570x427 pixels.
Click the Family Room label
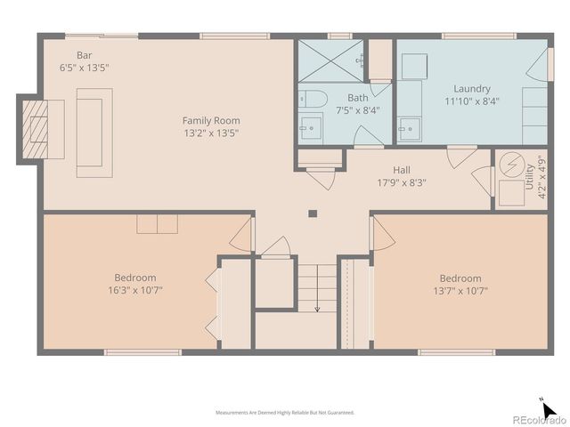tap(211, 120)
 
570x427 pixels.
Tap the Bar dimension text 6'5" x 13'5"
tap(84, 67)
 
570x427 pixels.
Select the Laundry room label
tap(471, 89)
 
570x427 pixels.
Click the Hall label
tap(401, 169)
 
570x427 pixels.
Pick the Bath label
tap(357, 98)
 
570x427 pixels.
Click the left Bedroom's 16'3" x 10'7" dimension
tap(134, 289)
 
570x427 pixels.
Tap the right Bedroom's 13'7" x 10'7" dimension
tap(460, 290)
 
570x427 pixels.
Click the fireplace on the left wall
tap(41, 130)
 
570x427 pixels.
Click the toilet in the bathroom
tap(312, 98)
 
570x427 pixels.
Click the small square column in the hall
tap(312, 213)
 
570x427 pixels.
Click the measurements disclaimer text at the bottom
tap(285, 413)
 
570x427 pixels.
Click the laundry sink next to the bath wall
tap(409, 128)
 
